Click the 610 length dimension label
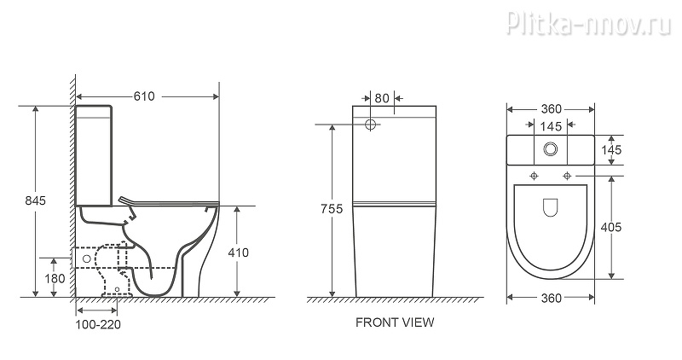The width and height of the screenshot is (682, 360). [144, 96]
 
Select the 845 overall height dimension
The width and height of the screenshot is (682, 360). [35, 200]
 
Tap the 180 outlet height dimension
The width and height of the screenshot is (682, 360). [55, 278]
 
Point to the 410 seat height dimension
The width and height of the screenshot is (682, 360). [239, 253]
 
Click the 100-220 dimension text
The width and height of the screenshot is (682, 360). [98, 324]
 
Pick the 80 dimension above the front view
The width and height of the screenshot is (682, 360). [382, 98]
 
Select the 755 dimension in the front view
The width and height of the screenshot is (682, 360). [332, 209]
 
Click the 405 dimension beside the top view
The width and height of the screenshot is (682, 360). [611, 227]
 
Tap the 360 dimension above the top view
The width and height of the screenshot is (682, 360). [551, 109]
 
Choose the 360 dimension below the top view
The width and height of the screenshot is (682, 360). [551, 298]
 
